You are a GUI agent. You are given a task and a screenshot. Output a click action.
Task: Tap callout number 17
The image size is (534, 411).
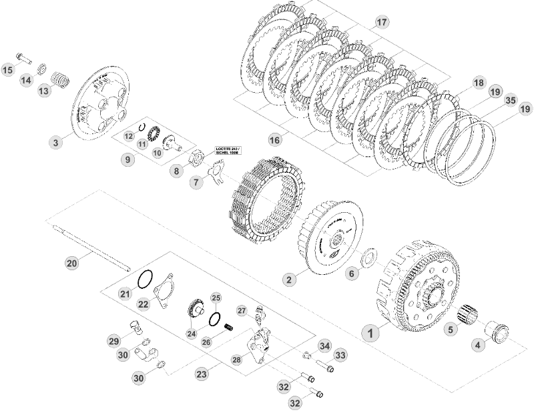point(381,22)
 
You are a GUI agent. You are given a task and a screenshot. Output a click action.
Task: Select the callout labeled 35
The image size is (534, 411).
point(511,101)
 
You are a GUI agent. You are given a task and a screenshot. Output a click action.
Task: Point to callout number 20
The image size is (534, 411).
point(72,263)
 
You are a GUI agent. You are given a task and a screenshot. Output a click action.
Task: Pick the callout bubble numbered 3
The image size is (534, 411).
point(56,141)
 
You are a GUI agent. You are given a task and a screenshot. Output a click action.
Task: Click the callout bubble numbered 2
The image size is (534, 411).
point(288,280)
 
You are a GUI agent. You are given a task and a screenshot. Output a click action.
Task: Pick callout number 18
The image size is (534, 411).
point(479,83)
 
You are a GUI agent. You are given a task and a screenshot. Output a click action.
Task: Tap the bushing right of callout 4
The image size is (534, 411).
point(499,331)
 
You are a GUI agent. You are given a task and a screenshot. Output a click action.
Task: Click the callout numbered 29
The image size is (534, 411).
point(113,341)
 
